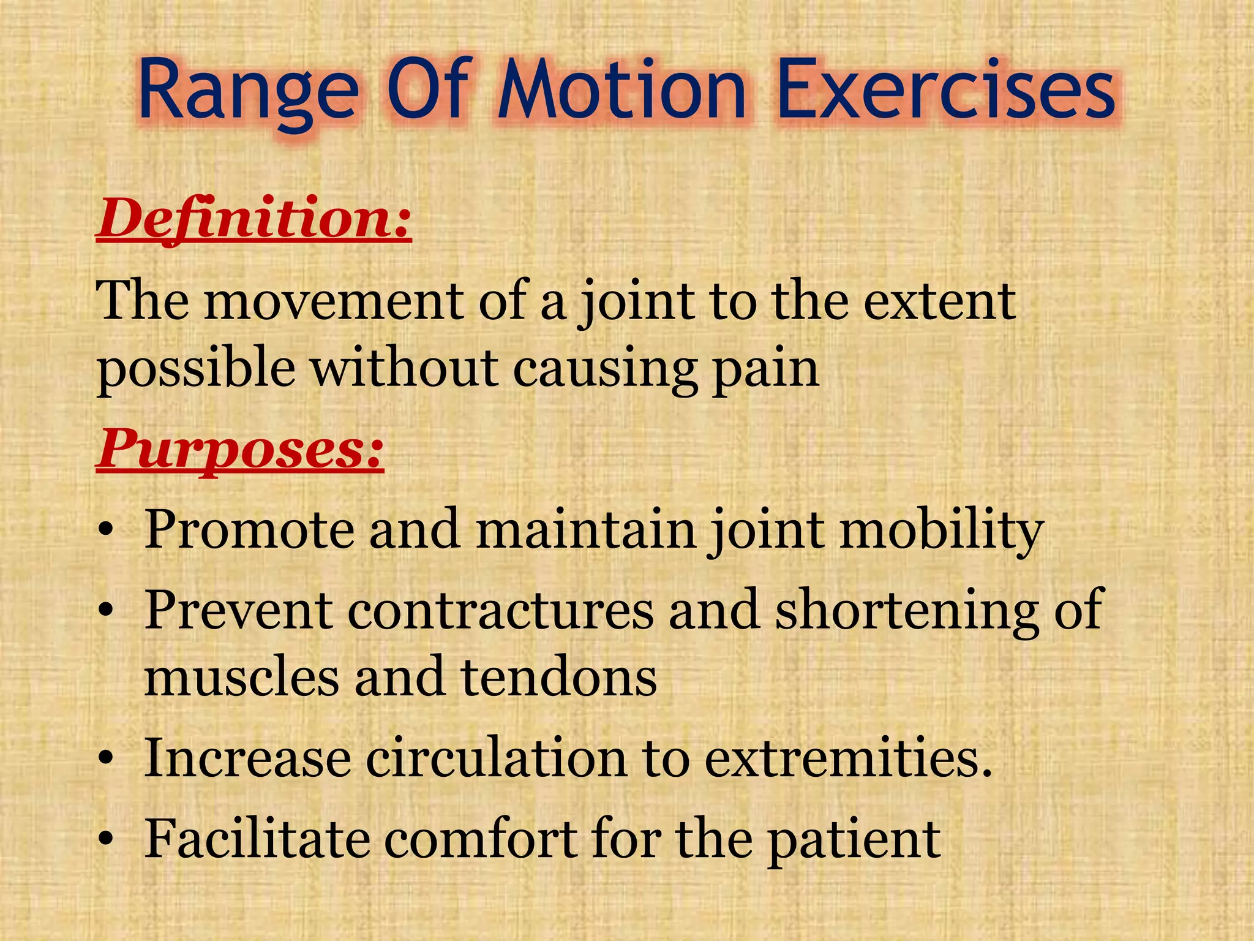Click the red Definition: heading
click(254, 219)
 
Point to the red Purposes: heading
click(240, 448)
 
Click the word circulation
click(496, 758)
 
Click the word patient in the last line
click(854, 839)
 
